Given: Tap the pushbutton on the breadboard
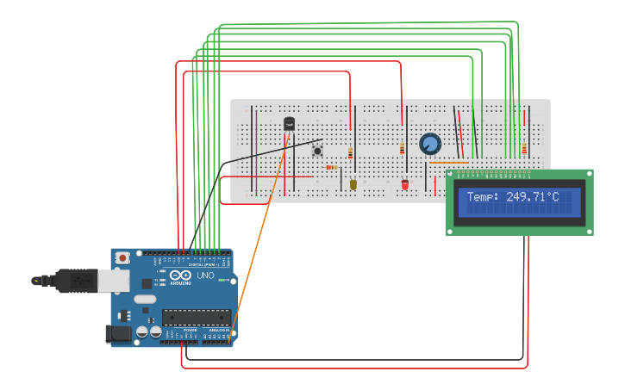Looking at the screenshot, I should tap(317, 151).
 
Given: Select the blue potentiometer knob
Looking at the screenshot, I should tap(430, 144).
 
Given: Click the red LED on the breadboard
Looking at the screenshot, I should tap(404, 183).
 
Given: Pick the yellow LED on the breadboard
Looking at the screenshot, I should tap(353, 183).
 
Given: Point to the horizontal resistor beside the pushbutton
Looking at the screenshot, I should tap(332, 167).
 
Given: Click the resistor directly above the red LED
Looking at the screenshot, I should tap(402, 149).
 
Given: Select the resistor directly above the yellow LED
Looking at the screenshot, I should tap(350, 153).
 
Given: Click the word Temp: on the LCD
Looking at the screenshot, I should tap(484, 197).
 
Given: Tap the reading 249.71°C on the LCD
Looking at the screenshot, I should tap(532, 197).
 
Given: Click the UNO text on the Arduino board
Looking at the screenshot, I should tap(205, 275).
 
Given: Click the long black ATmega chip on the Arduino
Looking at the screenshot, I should tap(196, 316).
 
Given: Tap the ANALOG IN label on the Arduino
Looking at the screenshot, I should tap(216, 330).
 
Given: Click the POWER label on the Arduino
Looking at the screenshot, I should tap(190, 330).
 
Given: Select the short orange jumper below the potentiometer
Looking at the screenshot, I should tap(449, 162).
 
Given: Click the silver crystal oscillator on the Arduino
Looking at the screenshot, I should tap(145, 300).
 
